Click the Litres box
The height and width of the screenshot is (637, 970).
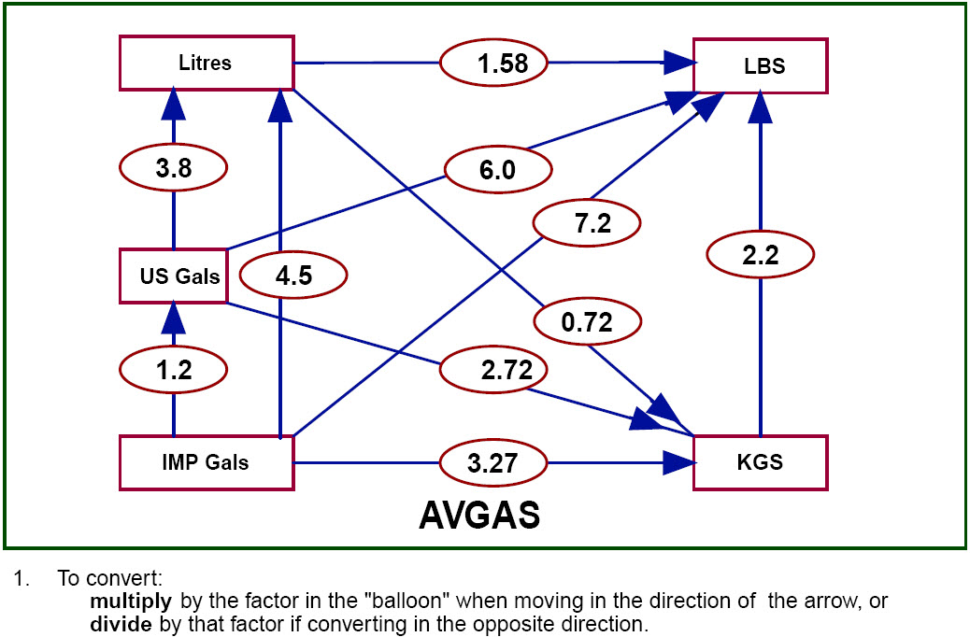tap(206, 64)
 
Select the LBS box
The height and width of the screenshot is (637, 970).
tap(760, 65)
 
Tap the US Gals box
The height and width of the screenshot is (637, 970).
tap(174, 276)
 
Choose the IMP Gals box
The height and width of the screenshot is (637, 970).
tap(206, 461)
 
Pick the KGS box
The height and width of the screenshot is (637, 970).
tap(760, 461)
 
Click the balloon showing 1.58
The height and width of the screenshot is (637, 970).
tap(493, 64)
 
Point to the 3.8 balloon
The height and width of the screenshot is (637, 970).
tap(174, 169)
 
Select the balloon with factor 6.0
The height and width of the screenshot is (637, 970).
tap(498, 169)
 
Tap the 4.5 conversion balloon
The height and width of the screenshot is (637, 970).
tap(293, 276)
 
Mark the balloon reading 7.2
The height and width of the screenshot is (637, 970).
tap(587, 223)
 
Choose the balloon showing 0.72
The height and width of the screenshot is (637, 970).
tap(587, 322)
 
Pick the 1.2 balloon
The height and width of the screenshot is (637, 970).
tap(174, 370)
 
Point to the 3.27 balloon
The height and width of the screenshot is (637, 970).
tap(493, 461)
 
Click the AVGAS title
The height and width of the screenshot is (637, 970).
tap(479, 516)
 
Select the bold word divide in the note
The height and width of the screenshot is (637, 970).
tap(120, 622)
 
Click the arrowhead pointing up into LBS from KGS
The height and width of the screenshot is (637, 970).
tap(761, 107)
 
